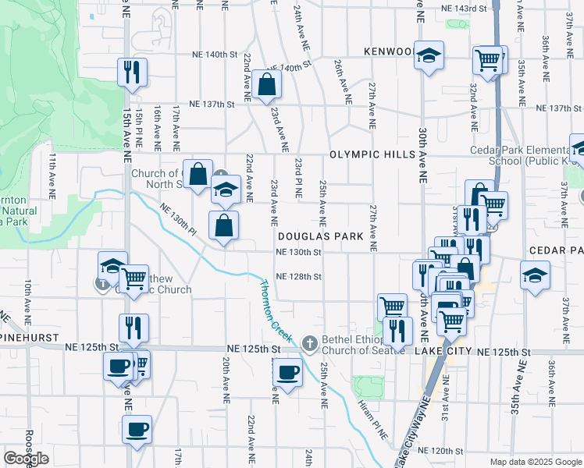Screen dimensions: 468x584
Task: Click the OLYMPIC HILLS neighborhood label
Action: tap(372, 154)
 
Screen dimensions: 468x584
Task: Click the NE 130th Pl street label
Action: tap(178, 219)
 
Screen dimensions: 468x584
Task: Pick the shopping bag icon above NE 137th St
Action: tap(267, 84)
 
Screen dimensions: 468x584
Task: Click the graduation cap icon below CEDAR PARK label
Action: tap(535, 275)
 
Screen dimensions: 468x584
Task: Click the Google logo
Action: tap(27, 459)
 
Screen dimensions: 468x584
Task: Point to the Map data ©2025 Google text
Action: tap(535, 462)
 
